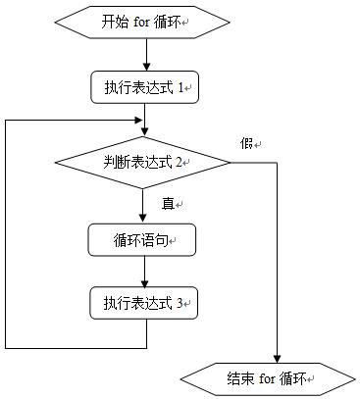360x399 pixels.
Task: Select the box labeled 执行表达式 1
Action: pyautogui.click(x=145, y=87)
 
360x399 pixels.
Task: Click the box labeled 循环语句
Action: pyautogui.click(x=145, y=239)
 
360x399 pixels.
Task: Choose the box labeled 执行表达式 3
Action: pyautogui.click(x=145, y=303)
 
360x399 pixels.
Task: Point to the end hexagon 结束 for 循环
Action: pyautogui.click(x=268, y=377)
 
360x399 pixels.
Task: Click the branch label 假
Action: pyautogui.click(x=246, y=143)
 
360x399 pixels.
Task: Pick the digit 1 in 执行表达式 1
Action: pyautogui.click(x=180, y=87)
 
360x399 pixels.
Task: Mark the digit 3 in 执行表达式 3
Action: pyautogui.click(x=180, y=303)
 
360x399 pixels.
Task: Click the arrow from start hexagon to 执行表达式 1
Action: pyautogui.click(x=145, y=57)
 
